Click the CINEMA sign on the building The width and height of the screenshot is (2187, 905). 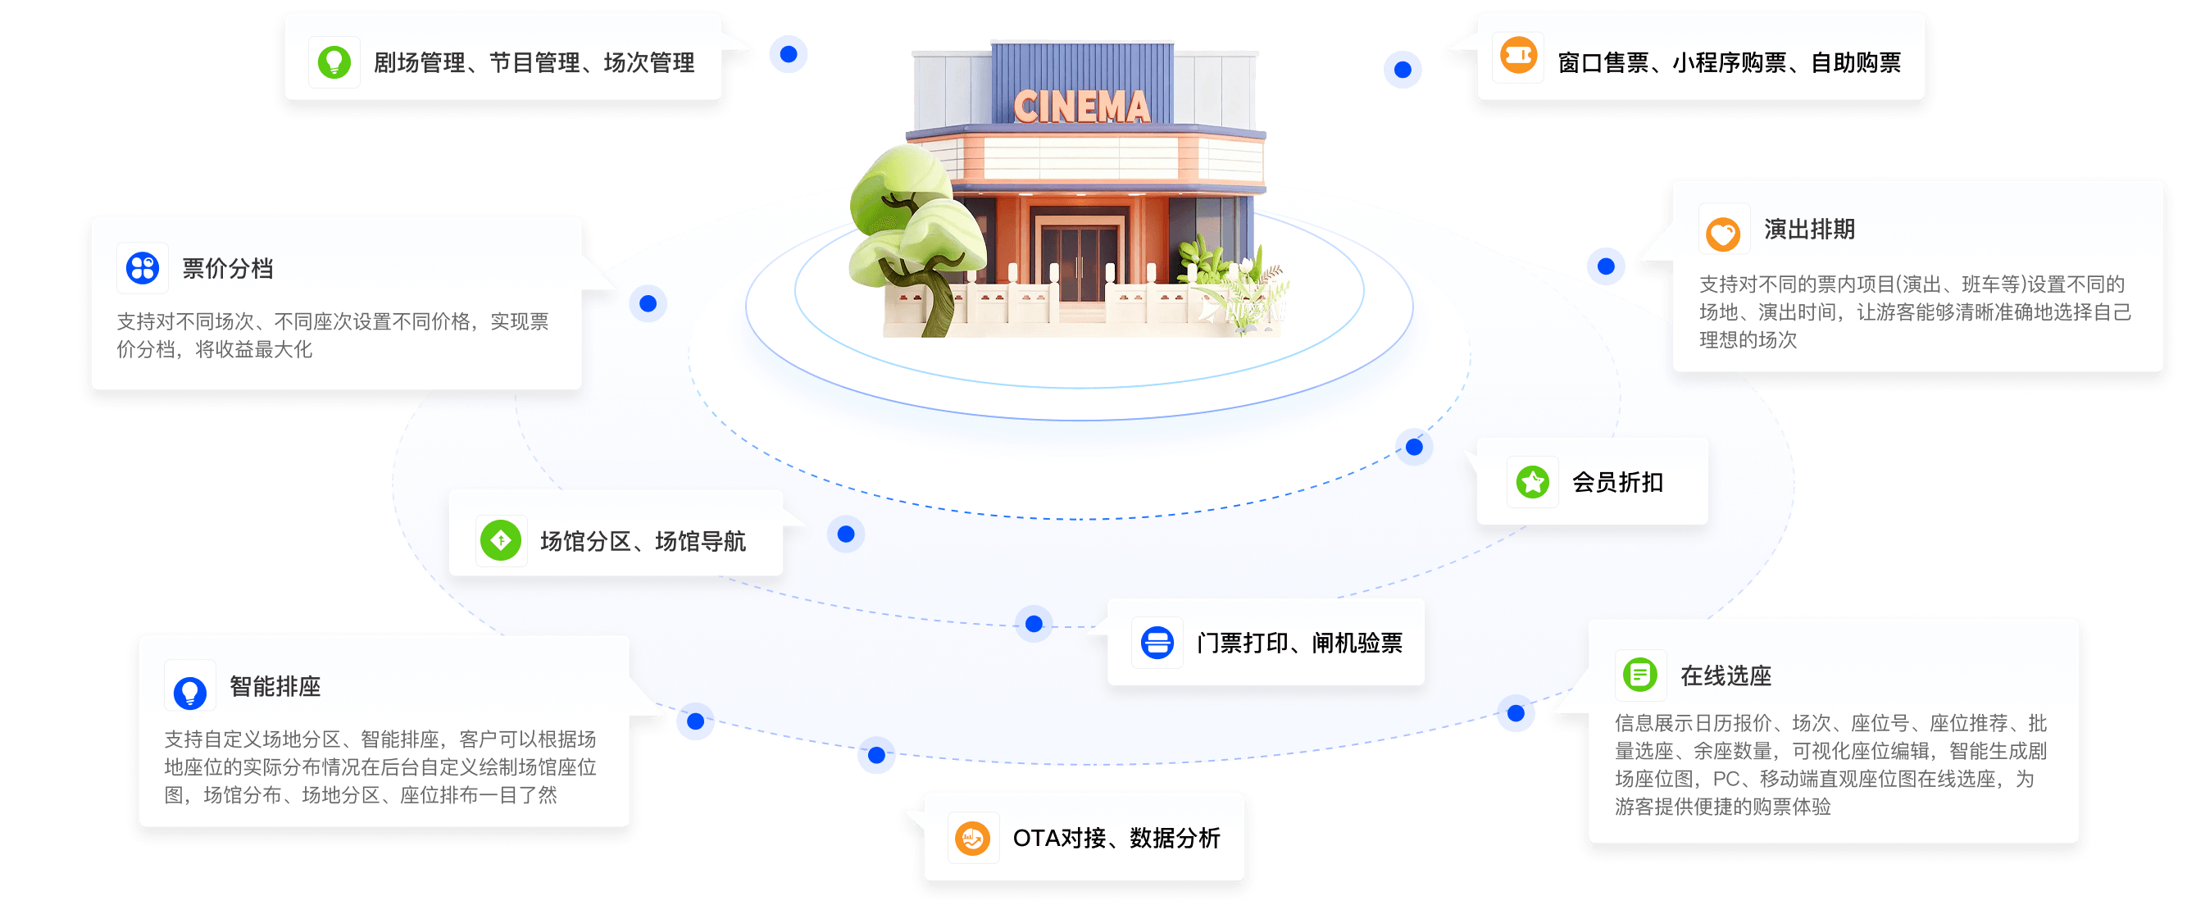tap(1082, 107)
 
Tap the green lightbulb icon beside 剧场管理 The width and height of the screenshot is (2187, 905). tap(334, 62)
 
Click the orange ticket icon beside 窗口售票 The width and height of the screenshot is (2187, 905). tap(1518, 57)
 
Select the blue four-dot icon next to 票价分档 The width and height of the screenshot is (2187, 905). tap(143, 267)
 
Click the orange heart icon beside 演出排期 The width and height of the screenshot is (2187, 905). tap(1723, 232)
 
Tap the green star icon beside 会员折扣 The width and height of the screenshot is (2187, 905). tap(1532, 482)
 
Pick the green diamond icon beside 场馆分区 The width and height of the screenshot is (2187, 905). tap(501, 541)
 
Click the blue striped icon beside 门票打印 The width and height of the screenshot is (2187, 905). tap(1157, 643)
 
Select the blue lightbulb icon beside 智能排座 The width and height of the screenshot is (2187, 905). tap(189, 691)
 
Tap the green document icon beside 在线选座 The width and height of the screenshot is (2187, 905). tap(1639, 675)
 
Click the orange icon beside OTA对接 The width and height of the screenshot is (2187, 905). tap(972, 839)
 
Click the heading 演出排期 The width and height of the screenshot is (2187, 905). tap(1809, 230)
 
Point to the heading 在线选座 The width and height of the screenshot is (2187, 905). tap(1726, 675)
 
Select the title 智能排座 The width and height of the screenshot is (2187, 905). tap(275, 686)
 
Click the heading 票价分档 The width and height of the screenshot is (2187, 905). tap(228, 268)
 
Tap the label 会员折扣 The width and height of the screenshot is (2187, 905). tap(1617, 482)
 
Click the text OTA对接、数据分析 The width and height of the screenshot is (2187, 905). tap(1116, 839)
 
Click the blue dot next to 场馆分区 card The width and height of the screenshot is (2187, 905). tap(846, 534)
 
